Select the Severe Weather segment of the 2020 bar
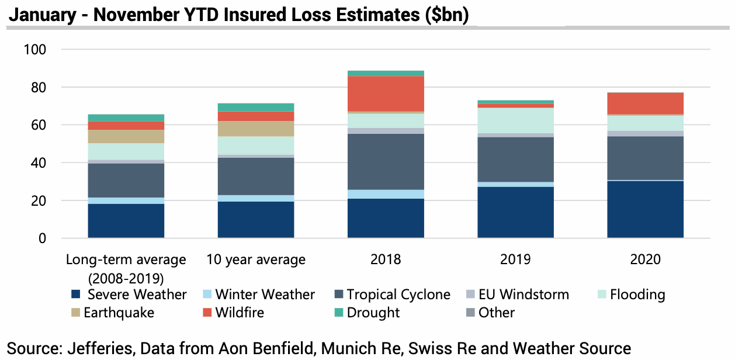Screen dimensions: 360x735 tap(645, 209)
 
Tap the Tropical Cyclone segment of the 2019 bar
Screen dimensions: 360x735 tap(515, 160)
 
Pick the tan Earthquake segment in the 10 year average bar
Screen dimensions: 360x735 tap(256, 129)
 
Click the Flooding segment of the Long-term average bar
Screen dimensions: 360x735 tap(126, 151)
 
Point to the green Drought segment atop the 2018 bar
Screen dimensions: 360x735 tap(386, 73)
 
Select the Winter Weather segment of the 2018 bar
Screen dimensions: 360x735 tap(386, 194)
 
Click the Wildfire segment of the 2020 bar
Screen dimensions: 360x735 tap(645, 103)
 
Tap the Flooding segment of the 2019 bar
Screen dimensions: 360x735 tap(515, 120)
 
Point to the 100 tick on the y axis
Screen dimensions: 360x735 tap(34, 50)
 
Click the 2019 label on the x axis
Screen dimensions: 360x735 tap(515, 259)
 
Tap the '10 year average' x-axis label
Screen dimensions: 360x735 tap(256, 259)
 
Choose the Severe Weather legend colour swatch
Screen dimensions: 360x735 tap(75, 295)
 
